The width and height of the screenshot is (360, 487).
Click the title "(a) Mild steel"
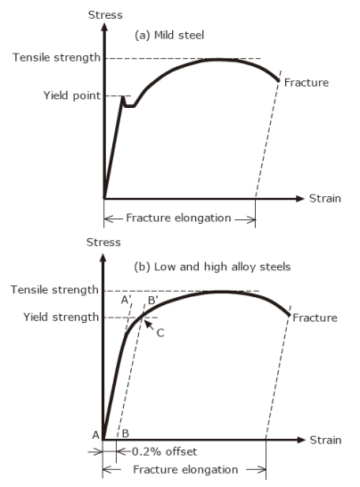169,35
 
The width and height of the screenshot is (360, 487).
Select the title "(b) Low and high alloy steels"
212,267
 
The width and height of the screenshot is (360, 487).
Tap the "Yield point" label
72,95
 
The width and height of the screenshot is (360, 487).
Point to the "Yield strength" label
61,318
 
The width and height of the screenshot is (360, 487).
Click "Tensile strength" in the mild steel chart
56,57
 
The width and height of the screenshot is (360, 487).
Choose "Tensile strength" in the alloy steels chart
54,290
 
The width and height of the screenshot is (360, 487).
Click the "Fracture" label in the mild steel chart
307,83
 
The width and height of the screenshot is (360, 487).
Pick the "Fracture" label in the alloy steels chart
315,318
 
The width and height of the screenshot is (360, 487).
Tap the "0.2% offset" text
165,451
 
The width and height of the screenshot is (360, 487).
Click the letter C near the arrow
160,334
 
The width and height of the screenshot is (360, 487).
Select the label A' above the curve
126,300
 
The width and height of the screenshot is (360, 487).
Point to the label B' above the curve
152,301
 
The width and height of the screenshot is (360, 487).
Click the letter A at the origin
96,435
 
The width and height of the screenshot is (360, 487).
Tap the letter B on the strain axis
126,433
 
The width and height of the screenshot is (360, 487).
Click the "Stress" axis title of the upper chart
105,15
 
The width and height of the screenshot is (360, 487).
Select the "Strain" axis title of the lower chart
325,440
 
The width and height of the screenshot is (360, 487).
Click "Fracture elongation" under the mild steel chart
178,218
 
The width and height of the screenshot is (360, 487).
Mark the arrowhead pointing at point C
148,324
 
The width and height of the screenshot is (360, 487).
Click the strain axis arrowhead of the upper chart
299,199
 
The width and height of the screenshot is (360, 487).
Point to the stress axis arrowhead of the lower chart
103,258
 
